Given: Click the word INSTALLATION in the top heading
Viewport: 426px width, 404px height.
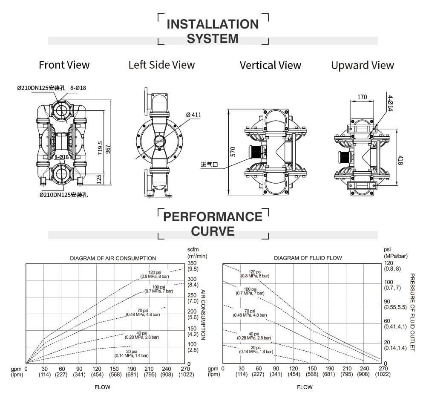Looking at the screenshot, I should pyautogui.click(x=213, y=24).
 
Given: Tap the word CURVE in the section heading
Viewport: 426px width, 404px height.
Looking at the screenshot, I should pyautogui.click(x=213, y=231).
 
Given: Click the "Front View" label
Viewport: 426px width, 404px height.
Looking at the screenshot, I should pyautogui.click(x=64, y=65).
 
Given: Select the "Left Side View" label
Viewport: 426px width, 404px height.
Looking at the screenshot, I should pyautogui.click(x=161, y=65).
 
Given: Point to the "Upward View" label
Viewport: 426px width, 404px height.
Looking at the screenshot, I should pyautogui.click(x=363, y=65).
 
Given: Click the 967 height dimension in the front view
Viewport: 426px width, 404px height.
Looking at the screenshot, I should pyautogui.click(x=108, y=147).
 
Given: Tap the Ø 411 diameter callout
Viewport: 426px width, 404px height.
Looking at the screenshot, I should pyautogui.click(x=193, y=115).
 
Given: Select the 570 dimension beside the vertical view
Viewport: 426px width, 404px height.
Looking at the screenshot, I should pyautogui.click(x=233, y=153).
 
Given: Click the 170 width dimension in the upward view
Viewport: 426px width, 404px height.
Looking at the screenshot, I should pyautogui.click(x=362, y=97).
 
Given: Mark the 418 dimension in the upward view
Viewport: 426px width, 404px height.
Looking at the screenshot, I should pyautogui.click(x=400, y=160).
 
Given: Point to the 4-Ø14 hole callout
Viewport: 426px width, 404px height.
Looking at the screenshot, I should pyautogui.click(x=390, y=103).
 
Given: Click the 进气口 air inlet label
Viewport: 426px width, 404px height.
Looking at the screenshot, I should pyautogui.click(x=210, y=164).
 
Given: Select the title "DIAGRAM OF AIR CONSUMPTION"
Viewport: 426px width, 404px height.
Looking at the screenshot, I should pyautogui.click(x=113, y=258).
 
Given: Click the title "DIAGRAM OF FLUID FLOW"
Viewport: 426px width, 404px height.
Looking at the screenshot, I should pyautogui.click(x=308, y=258).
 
